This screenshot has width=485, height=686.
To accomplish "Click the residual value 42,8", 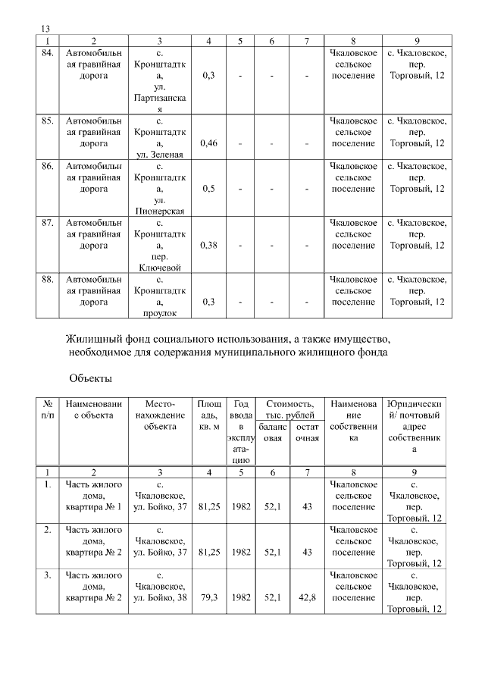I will click(306, 597).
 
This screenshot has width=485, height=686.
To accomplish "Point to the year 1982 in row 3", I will click(241, 597).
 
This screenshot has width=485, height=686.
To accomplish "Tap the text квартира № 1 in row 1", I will click(93, 506).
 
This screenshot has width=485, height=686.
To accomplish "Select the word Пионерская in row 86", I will click(160, 211).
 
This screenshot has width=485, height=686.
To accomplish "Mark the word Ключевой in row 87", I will click(160, 268).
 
